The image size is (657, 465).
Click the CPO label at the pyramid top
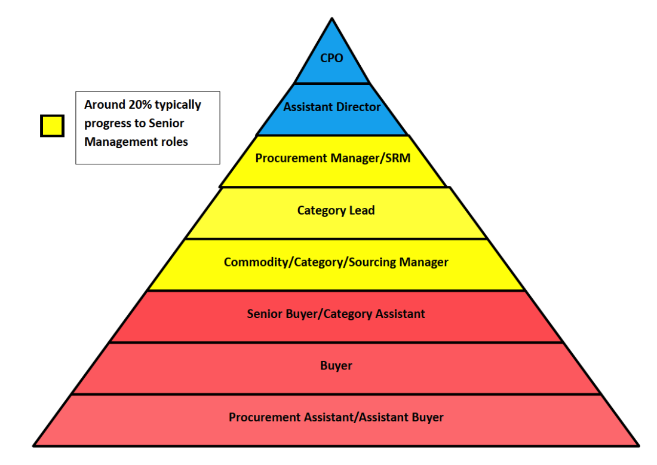pyautogui.click(x=332, y=59)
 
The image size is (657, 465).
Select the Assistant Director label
pyautogui.click(x=332, y=108)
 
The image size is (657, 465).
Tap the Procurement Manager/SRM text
pyautogui.click(x=333, y=158)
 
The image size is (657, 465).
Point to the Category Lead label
pyautogui.click(x=336, y=210)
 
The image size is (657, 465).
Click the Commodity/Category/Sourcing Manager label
pyautogui.click(x=336, y=262)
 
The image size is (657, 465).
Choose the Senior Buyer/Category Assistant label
pyautogui.click(x=336, y=314)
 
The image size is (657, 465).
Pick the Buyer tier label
pyautogui.click(x=336, y=365)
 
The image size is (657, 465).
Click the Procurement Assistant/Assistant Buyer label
pyautogui.click(x=336, y=417)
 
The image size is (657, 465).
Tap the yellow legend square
pyautogui.click(x=52, y=126)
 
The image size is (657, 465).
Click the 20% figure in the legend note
pyautogui.click(x=140, y=105)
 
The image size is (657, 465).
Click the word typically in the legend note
pyautogui.click(x=178, y=105)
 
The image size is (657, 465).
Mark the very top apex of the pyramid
pyautogui.click(x=331, y=19)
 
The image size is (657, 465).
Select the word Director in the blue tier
pyautogui.click(x=358, y=108)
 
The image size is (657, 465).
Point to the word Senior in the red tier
pyautogui.click(x=265, y=314)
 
